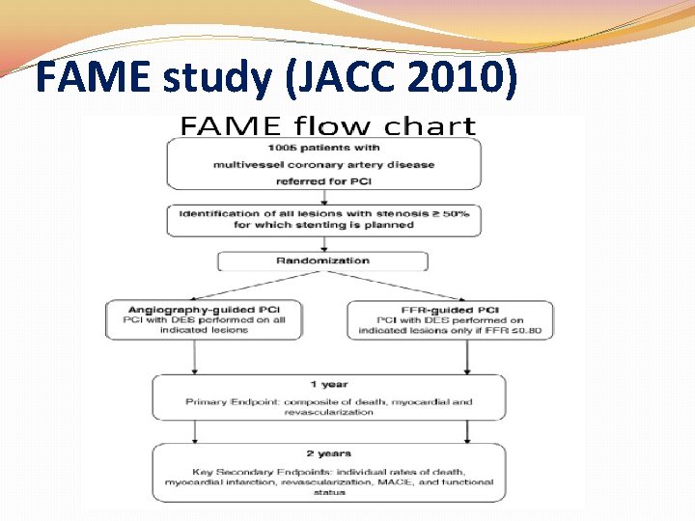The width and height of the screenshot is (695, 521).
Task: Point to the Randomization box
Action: coord(322,260)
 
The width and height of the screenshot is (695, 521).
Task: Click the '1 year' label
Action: coord(328,385)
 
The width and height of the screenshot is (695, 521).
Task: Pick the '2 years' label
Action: coord(328,452)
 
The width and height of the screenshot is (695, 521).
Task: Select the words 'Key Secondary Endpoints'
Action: coord(253,469)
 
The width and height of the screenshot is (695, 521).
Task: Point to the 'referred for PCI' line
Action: coord(323,180)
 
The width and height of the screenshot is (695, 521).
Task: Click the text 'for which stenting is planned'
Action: coord(323,225)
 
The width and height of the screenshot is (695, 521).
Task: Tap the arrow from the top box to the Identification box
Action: coord(323,197)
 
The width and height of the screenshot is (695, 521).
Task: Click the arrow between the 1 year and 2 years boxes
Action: coord(327,430)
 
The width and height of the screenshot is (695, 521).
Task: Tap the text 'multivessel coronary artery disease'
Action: coord(323,164)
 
